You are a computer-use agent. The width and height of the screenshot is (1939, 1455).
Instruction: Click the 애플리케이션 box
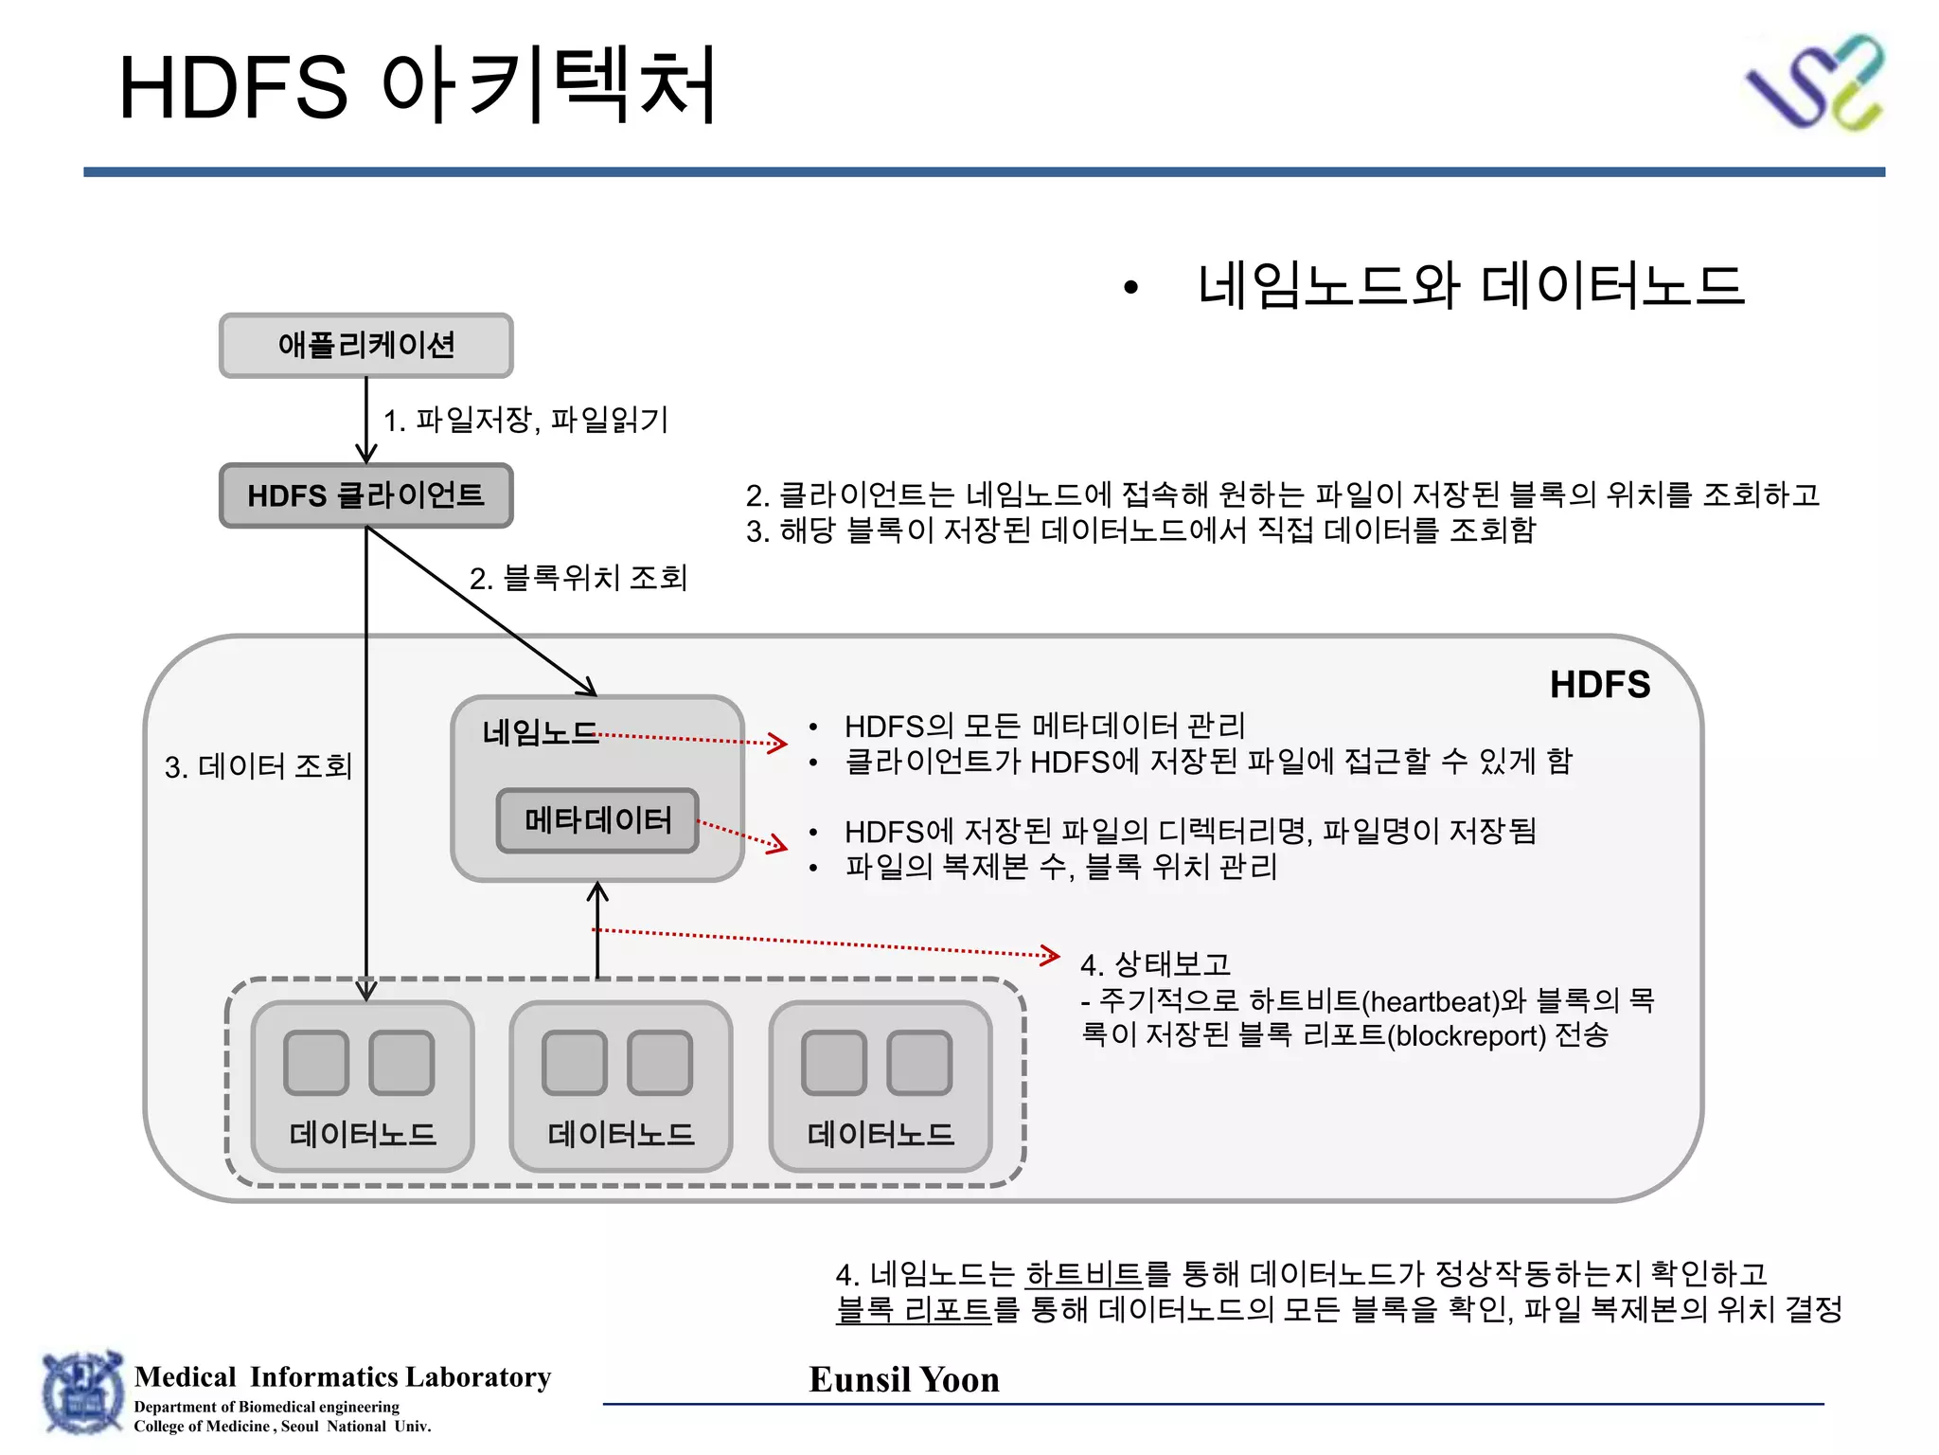pyautogui.click(x=365, y=346)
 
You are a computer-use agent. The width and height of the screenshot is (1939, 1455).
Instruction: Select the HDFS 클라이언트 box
pyautogui.click(x=365, y=495)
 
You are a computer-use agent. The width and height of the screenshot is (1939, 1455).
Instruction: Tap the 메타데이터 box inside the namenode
pyautogui.click(x=597, y=820)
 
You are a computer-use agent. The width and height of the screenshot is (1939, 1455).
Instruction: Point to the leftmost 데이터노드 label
pyautogui.click(x=363, y=1134)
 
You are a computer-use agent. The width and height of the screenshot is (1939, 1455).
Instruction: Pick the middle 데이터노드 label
pyautogui.click(x=621, y=1134)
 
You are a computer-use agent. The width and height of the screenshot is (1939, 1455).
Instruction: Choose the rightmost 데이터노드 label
pyautogui.click(x=881, y=1134)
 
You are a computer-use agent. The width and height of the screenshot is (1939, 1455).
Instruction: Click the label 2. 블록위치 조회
pyautogui.click(x=578, y=578)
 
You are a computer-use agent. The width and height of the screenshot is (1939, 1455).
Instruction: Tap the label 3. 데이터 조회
pyautogui.click(x=258, y=765)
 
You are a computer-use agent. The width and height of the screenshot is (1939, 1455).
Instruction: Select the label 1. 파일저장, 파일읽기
pyautogui.click(x=525, y=420)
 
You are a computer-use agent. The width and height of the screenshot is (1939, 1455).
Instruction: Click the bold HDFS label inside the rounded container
pyautogui.click(x=1599, y=685)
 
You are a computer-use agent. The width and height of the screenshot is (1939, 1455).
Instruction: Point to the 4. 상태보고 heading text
pyautogui.click(x=1155, y=964)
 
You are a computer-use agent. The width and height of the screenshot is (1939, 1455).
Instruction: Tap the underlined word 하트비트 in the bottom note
pyautogui.click(x=1083, y=1274)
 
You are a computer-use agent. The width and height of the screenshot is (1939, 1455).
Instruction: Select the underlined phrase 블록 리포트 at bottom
pyautogui.click(x=914, y=1310)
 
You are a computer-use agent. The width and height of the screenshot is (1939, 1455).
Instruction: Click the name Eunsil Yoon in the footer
pyautogui.click(x=904, y=1379)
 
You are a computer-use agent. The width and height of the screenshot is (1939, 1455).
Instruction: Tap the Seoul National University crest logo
pyautogui.click(x=82, y=1393)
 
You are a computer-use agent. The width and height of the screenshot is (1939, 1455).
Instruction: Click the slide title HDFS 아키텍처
pyautogui.click(x=417, y=87)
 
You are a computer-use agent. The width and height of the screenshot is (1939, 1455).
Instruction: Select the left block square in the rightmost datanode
pyautogui.click(x=833, y=1063)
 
